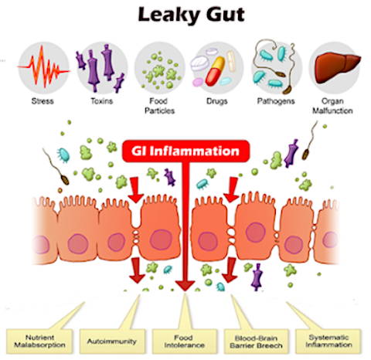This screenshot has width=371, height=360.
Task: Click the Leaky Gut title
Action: [191, 15]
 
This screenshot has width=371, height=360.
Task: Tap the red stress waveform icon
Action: [43, 67]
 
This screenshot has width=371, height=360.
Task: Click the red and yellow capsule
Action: [215, 71]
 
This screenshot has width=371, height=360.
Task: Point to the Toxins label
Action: [102, 100]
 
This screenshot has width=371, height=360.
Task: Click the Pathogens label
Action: [276, 100]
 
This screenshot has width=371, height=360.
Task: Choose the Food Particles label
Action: [159, 106]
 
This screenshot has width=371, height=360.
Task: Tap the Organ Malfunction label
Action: [332, 106]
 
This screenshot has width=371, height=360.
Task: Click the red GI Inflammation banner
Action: [185, 151]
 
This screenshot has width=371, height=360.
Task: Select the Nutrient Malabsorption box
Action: [39, 341]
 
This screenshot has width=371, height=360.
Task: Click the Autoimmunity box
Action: [112, 341]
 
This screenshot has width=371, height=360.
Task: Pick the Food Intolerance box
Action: [185, 341]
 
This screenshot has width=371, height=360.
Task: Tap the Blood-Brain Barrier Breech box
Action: [257, 341]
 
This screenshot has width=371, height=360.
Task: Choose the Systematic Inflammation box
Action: [328, 341]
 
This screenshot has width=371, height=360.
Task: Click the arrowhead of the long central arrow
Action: [185, 286]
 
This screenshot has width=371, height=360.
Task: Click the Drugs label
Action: [217, 100]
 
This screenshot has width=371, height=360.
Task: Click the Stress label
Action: [43, 100]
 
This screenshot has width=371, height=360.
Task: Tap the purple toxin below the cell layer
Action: [257, 277]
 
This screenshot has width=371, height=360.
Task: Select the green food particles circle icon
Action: [160, 68]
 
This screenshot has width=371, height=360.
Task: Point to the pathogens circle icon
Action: [276, 67]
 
